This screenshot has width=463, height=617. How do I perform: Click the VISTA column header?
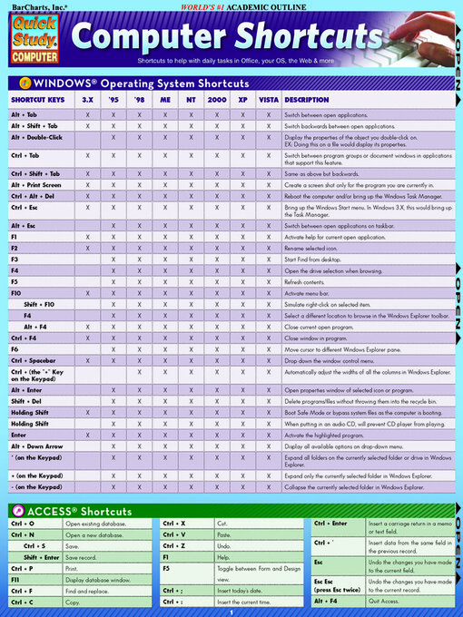269,99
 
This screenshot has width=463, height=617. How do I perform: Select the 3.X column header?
87,99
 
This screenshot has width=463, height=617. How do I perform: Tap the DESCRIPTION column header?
306,99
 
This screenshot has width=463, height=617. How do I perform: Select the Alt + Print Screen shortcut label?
37,184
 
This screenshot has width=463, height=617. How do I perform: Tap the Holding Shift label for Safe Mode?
30,412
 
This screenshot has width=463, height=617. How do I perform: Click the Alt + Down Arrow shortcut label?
36,446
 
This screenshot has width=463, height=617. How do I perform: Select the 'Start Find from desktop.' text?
317,259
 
